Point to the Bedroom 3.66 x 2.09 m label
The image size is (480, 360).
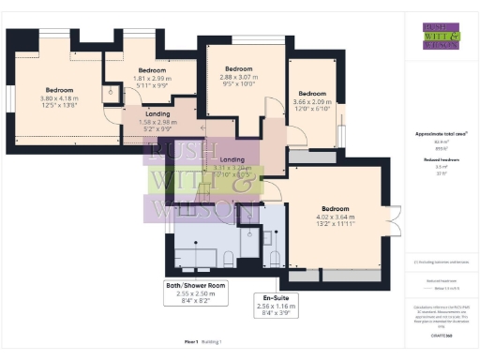click(x=311, y=99)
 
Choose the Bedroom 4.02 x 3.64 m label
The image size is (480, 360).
click(x=336, y=216)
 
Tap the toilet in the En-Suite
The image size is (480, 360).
click(x=274, y=256)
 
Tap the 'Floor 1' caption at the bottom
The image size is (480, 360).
click(x=191, y=342)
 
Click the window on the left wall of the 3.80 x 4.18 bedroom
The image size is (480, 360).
click(x=9, y=97)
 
